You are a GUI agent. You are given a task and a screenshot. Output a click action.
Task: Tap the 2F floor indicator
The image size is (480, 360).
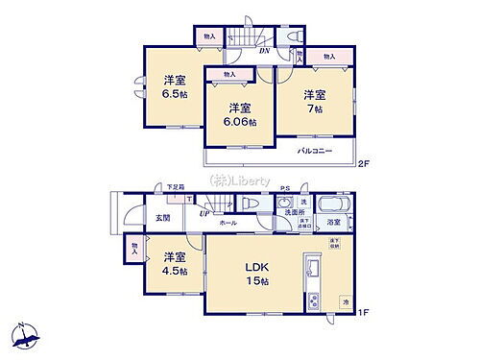[364, 164]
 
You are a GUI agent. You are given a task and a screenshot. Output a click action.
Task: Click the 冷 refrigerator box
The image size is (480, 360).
[345, 303]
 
